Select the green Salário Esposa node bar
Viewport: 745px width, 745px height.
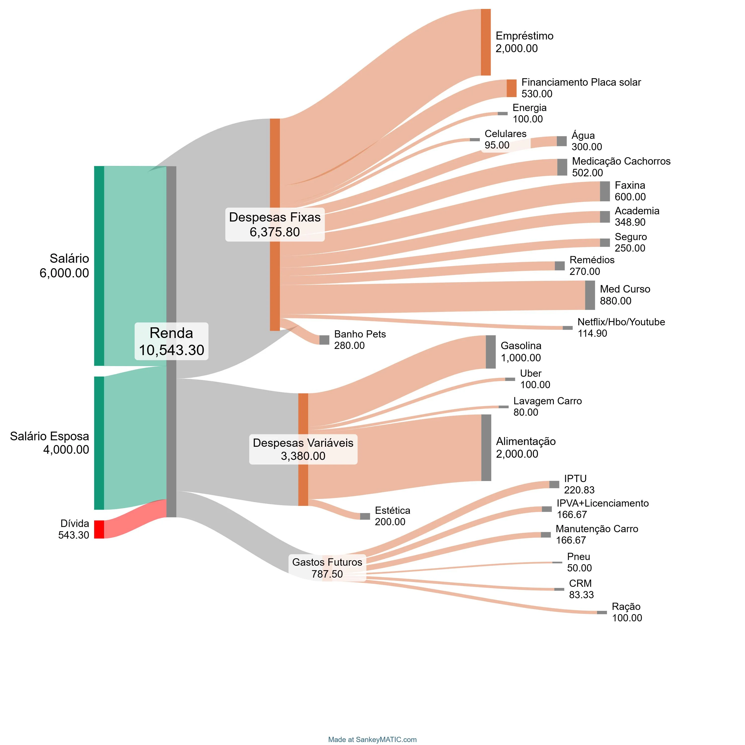tap(99, 443)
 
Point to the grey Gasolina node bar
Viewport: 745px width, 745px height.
tap(490, 352)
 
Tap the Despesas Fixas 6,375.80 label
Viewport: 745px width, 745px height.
tap(275, 224)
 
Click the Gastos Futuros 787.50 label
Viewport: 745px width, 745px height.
tap(327, 568)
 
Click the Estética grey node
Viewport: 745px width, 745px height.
tap(365, 516)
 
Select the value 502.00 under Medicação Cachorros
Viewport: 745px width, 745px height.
tap(587, 173)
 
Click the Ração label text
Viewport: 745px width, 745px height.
tap(626, 607)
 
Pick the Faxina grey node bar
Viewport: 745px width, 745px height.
tap(605, 191)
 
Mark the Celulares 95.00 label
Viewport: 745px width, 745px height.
tap(505, 139)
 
